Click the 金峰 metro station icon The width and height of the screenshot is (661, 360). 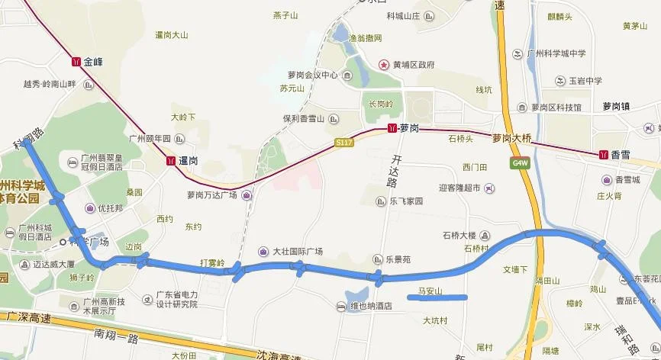click(x=75, y=60)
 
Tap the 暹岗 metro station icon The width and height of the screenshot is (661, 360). click(x=169, y=162)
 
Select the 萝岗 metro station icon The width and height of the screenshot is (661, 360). click(x=392, y=128)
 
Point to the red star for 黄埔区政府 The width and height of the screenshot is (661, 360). click(x=384, y=65)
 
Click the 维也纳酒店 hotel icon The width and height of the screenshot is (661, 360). click(x=341, y=307)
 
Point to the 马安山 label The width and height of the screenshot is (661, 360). click(x=430, y=291)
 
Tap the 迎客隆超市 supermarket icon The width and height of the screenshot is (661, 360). click(x=489, y=188)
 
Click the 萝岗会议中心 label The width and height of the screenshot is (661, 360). click(x=312, y=76)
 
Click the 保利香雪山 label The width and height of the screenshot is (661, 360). click(x=304, y=119)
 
